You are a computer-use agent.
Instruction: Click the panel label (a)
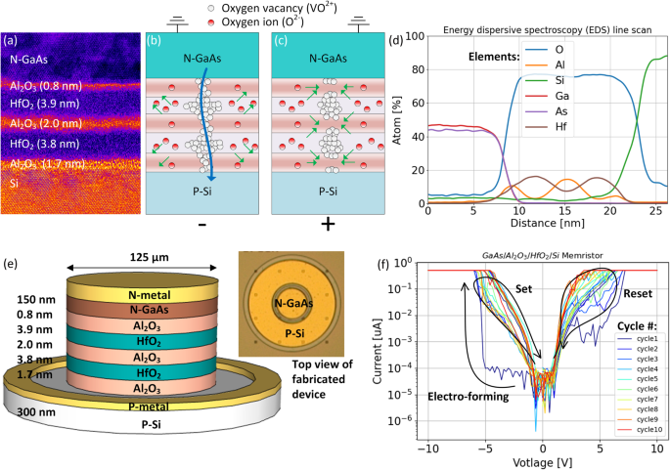pyautogui.click(x=16, y=40)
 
